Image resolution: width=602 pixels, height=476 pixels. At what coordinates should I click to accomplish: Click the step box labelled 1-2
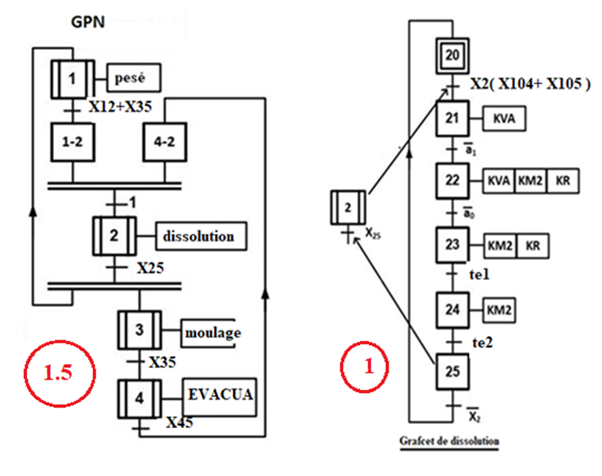point(73,143)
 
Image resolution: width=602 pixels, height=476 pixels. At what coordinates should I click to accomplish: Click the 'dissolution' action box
point(202,236)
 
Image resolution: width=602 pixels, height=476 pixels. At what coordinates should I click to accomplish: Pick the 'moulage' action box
point(212,332)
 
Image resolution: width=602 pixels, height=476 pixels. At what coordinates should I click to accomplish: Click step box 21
point(453,120)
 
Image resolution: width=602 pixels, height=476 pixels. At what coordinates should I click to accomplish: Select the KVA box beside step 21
point(504,120)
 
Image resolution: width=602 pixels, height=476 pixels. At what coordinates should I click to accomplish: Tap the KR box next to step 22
point(562,181)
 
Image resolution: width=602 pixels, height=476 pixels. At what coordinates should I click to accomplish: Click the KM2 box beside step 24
point(499,310)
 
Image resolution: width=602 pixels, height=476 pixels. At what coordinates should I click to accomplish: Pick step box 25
point(453,372)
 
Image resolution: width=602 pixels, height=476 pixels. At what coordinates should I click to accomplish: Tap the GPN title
point(88,22)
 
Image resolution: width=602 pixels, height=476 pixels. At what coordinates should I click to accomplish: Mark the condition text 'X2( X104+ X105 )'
point(531,84)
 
